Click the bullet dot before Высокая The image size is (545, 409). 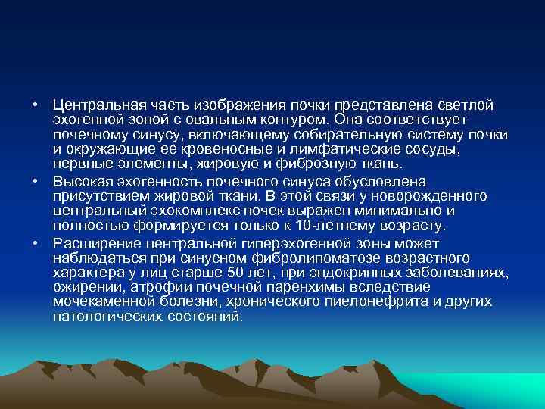click(36, 181)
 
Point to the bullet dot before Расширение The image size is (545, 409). click(36, 242)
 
